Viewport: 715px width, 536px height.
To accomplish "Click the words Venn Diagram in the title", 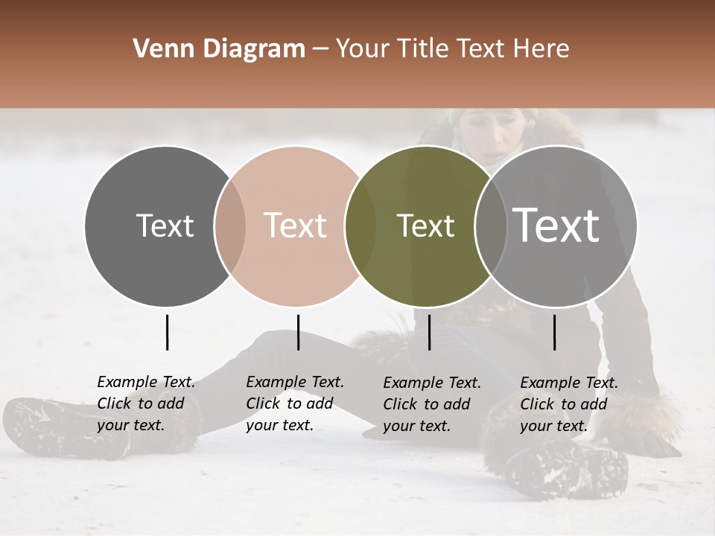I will click(x=219, y=49).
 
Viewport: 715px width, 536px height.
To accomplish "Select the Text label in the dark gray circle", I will click(x=165, y=226).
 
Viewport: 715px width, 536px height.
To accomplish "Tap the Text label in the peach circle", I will click(x=295, y=226).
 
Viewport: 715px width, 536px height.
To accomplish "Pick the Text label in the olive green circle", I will click(x=425, y=226).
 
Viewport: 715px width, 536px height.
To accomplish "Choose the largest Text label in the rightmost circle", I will click(x=556, y=225).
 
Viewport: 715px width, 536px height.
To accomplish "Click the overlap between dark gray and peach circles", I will click(x=230, y=226).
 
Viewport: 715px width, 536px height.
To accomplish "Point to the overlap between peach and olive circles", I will click(x=360, y=226).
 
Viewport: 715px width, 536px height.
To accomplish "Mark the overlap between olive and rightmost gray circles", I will click(x=491, y=226).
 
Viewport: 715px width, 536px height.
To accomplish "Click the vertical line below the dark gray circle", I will click(x=167, y=332).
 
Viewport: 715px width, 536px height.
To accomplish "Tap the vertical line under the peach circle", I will click(x=298, y=332).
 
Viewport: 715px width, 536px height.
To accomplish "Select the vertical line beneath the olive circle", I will click(x=429, y=332).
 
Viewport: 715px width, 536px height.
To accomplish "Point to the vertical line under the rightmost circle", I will click(x=554, y=332).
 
